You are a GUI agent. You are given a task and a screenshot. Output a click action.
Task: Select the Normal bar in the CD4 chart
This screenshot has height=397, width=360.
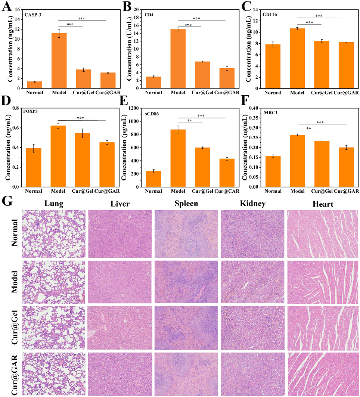(x=153, y=83)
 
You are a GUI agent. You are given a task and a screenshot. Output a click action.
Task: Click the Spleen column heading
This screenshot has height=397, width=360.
(x=186, y=204)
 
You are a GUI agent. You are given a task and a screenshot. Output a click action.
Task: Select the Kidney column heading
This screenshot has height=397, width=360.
(x=253, y=204)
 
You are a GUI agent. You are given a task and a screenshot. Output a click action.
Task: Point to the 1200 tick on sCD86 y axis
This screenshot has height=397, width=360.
(x=135, y=108)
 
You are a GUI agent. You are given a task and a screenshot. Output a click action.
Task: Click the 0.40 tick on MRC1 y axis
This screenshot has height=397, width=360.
(x=255, y=108)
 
